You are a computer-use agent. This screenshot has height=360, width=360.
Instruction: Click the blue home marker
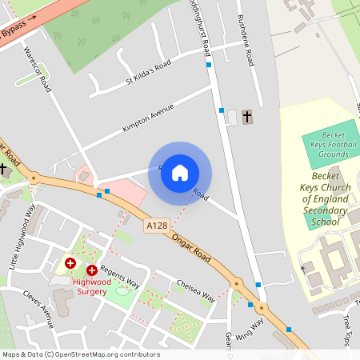(x=180, y=173)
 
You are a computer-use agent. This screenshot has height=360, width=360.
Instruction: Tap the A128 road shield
(x=157, y=227)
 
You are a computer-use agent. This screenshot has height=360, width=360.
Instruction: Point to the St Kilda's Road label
(x=148, y=73)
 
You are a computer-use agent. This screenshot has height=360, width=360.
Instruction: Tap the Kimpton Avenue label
(x=148, y=117)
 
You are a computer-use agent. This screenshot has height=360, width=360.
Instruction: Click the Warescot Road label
(x=38, y=69)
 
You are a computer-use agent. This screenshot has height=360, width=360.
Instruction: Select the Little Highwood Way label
(x=23, y=237)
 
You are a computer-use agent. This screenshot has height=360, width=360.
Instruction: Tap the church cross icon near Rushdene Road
(x=246, y=118)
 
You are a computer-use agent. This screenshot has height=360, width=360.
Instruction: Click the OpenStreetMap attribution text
(x=80, y=354)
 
